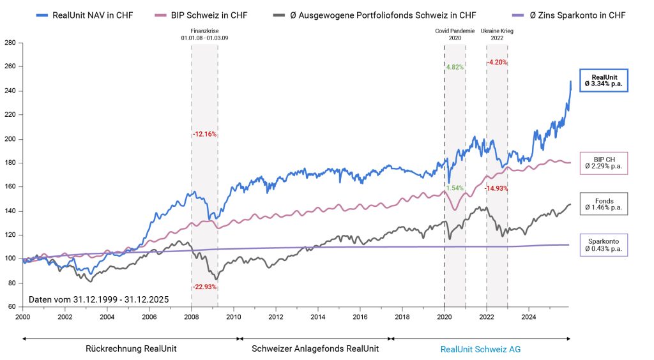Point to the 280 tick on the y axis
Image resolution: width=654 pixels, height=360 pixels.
10,43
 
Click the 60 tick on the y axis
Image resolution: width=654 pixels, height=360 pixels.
11,306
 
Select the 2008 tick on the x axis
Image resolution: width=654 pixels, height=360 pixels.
192,316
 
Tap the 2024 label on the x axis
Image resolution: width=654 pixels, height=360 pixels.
529,316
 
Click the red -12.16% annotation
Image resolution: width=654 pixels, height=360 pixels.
205,135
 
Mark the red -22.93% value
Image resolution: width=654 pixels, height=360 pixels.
204,287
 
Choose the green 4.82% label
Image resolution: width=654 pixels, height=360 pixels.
454,66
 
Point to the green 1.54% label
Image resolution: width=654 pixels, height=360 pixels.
454,188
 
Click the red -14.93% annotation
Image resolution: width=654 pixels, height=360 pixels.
497,188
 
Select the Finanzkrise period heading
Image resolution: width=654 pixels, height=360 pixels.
204,34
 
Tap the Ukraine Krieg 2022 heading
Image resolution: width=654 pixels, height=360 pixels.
497,34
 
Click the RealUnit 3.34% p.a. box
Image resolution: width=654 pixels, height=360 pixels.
604,80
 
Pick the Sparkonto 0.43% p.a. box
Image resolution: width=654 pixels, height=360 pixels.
604,244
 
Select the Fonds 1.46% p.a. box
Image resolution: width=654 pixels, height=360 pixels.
604,205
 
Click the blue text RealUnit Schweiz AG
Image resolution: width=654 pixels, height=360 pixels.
480,349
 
